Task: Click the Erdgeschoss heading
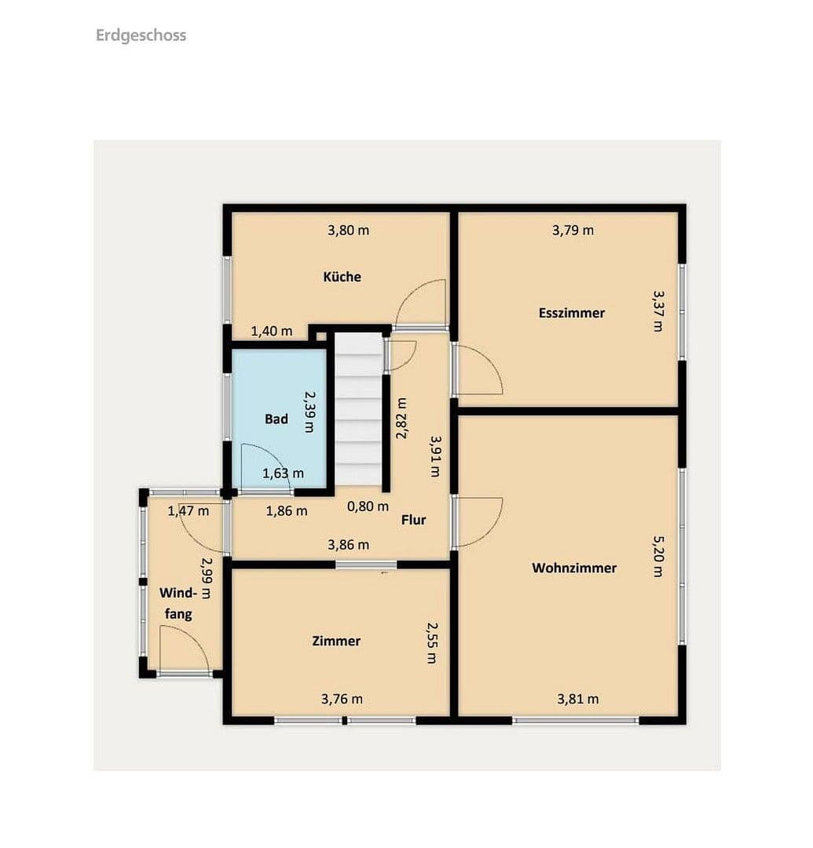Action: coord(141,35)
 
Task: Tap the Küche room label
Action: coord(342,276)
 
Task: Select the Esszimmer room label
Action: coord(571,313)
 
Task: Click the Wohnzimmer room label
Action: coord(573,568)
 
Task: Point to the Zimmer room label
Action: coord(336,641)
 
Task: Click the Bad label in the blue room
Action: coord(276,419)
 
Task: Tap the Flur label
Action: coord(413,519)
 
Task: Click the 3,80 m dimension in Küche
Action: coord(348,230)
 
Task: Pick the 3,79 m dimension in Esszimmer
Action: coord(573,230)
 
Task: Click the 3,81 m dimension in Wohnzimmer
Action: coord(577,699)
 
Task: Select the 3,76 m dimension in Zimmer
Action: coord(342,699)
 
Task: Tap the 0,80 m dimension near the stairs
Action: coord(368,506)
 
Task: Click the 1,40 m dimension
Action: coord(271,331)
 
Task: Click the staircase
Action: coord(358,408)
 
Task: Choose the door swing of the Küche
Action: coord(424,304)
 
